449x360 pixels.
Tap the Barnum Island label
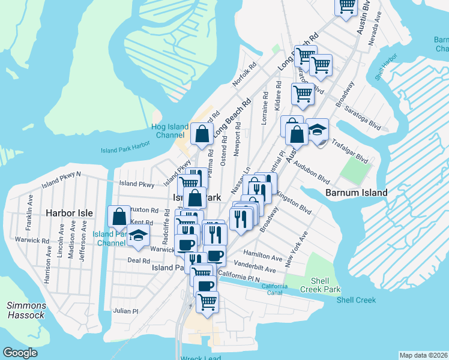(356, 193)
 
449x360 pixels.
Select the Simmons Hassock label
(26, 310)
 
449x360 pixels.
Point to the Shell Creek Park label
(324, 286)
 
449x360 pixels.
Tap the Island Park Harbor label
(125, 150)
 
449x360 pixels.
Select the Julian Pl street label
(126, 311)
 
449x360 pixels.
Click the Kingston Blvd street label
(294, 203)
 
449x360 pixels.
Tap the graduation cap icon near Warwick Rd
(139, 237)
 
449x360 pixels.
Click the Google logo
(20, 353)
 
